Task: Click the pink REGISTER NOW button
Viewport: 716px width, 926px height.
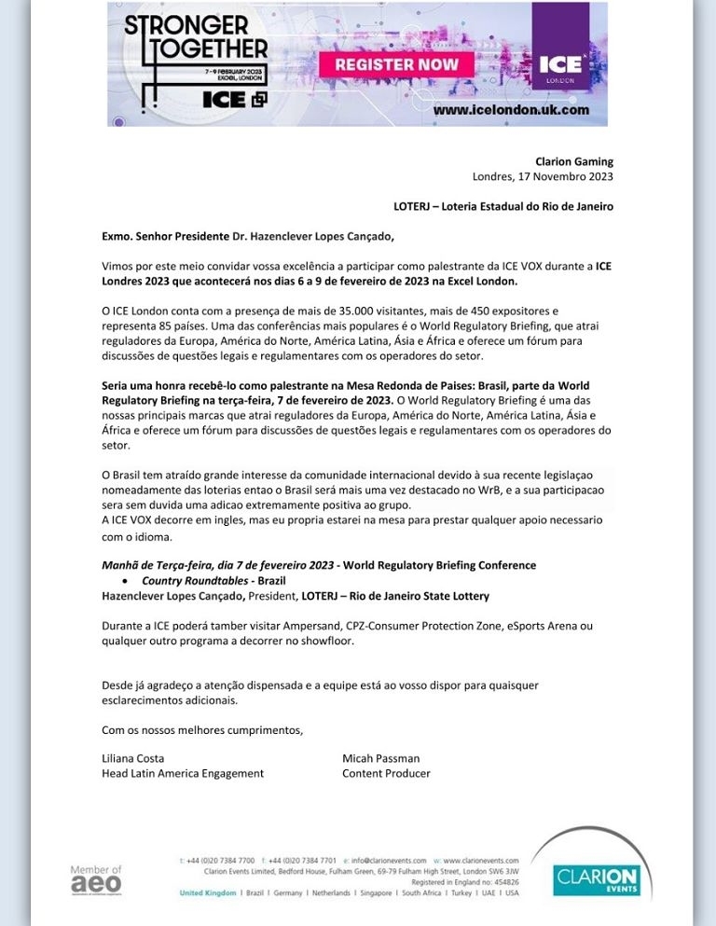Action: pyautogui.click(x=396, y=64)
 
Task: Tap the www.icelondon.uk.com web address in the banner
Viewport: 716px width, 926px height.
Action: pyautogui.click(x=511, y=109)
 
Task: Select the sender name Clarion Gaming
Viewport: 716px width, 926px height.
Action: pyautogui.click(x=574, y=161)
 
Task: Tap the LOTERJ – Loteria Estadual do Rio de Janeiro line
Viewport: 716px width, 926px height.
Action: pyautogui.click(x=503, y=206)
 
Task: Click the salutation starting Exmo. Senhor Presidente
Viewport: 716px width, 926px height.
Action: pyautogui.click(x=241, y=236)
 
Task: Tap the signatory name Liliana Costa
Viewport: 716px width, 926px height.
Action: pyautogui.click(x=132, y=758)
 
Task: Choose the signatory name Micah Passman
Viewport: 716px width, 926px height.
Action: pyautogui.click(x=380, y=758)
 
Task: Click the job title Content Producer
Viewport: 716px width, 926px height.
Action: pyautogui.click(x=386, y=773)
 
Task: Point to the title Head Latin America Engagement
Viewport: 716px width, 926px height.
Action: pyautogui.click(x=183, y=773)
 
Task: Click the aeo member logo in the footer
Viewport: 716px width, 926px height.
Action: pyautogui.click(x=96, y=879)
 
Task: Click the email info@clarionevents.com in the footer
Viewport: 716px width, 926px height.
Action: pyautogui.click(x=389, y=860)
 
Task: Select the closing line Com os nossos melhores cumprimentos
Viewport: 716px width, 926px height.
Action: pyautogui.click(x=202, y=729)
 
